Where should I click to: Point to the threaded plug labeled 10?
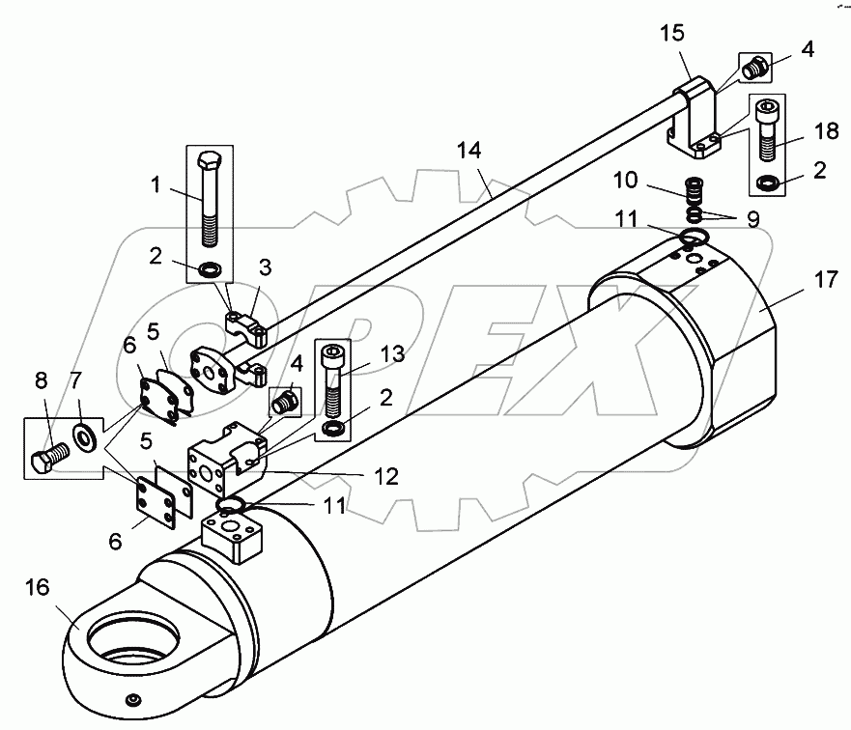coord(691,184)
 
